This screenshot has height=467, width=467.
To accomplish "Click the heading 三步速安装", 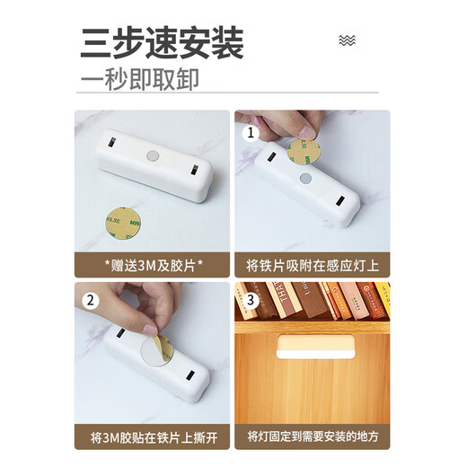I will coord(162,41).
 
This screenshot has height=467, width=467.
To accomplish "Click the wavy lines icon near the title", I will coord(348,40).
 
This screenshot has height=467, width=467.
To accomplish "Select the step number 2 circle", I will coord(92,299).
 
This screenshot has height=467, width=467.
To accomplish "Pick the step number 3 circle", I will coord(251,299).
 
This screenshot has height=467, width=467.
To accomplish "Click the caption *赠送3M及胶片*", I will coord(151,265).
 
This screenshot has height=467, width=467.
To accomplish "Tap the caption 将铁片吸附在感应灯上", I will coord(313,265).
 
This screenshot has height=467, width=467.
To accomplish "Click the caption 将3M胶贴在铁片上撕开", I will coord(151,438).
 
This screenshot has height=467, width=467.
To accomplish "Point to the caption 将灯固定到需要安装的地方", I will coord(313,438).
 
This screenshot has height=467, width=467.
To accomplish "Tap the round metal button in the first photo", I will coord(153,156).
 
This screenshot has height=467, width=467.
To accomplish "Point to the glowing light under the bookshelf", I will coord(313,345).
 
